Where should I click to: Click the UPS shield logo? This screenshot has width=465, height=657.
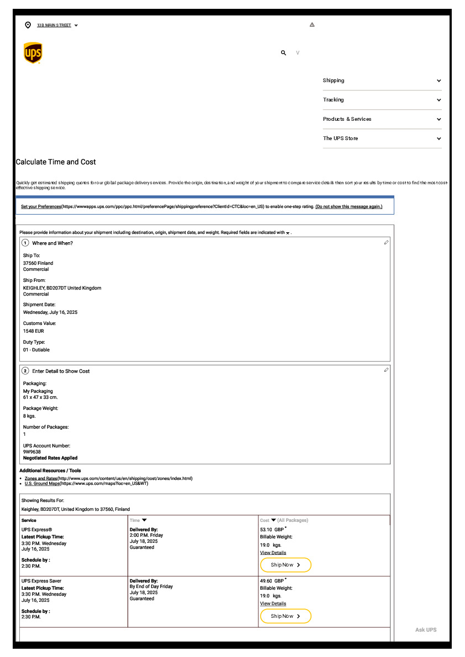pyautogui.click(x=33, y=53)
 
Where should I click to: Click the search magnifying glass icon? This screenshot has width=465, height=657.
pyautogui.click(x=283, y=53)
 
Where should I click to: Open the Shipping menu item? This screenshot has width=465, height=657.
pyautogui.click(x=382, y=81)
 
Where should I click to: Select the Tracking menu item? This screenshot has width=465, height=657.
pyautogui.click(x=382, y=100)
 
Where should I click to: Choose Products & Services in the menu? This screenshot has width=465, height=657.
pyautogui.click(x=382, y=119)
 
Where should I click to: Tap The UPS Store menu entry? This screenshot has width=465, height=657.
pyautogui.click(x=382, y=138)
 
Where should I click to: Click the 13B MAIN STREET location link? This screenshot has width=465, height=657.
pyautogui.click(x=54, y=25)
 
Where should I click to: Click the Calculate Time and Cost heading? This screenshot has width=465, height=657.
pyautogui.click(x=56, y=162)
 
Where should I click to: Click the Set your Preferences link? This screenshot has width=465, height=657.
pyautogui.click(x=41, y=207)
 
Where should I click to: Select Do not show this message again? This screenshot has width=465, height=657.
pyautogui.click(x=348, y=207)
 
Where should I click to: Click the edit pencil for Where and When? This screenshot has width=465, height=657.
pyautogui.click(x=386, y=243)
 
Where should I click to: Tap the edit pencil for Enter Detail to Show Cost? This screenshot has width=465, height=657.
pyautogui.click(x=386, y=370)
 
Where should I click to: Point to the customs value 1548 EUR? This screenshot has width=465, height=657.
pyautogui.click(x=34, y=331)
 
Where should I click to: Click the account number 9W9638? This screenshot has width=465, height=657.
pyautogui.click(x=32, y=452)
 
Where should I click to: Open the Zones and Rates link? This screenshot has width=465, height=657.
pyautogui.click(x=41, y=478)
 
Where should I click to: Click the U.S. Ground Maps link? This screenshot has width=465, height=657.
pyautogui.click(x=42, y=483)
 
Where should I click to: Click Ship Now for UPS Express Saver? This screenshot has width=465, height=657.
pyautogui.click(x=286, y=616)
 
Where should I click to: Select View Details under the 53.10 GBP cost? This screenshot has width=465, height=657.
pyautogui.click(x=273, y=553)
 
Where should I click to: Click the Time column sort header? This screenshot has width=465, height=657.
pyautogui.click(x=138, y=520)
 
